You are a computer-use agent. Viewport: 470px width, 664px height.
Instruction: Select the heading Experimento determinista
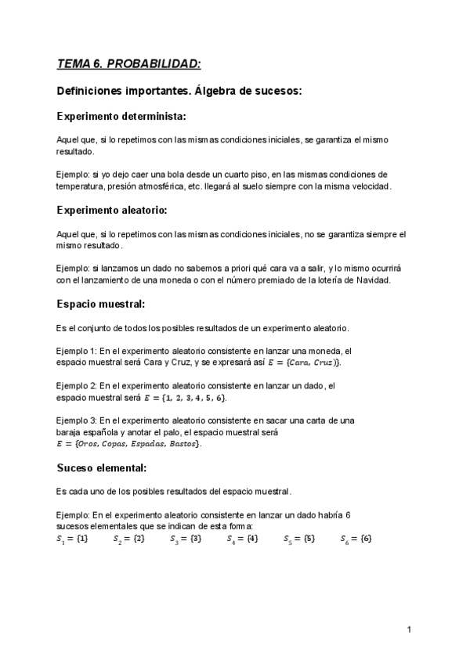[121, 117]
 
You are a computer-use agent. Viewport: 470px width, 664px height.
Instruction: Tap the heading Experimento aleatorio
[112, 210]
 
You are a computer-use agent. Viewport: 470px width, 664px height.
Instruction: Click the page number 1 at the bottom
[410, 630]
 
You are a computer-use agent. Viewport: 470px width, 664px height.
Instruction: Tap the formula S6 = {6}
[356, 539]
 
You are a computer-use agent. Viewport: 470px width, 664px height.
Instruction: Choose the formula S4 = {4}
[243, 539]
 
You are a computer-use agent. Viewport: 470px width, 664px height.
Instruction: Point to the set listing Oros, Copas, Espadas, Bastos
[129, 444]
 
